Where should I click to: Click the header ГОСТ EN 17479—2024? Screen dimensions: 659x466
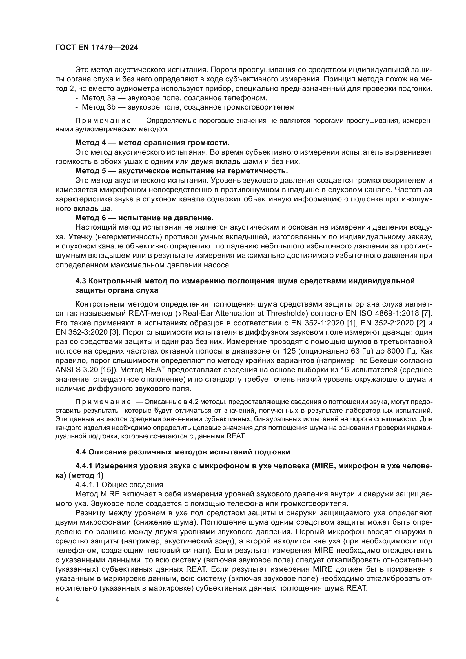[97, 48]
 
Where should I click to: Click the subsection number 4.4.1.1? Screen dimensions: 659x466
[87, 485]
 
